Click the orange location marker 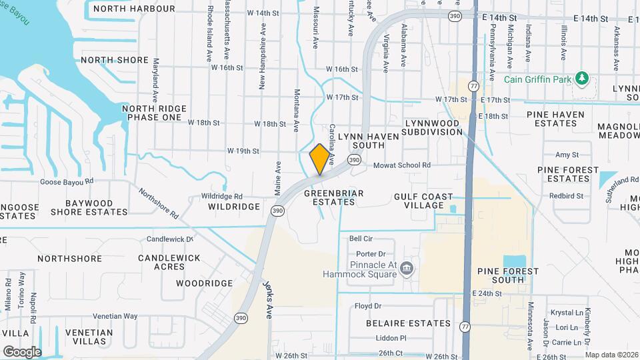click(x=320, y=159)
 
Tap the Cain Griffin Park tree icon click(x=582, y=79)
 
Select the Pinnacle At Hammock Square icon click(x=407, y=269)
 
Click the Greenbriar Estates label click(x=333, y=197)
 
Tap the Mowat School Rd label click(x=401, y=165)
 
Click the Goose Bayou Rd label click(x=67, y=181)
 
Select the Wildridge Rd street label click(x=222, y=197)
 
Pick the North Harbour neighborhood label click(x=134, y=9)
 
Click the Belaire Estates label click(x=409, y=323)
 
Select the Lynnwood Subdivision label click(x=432, y=127)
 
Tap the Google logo click(x=22, y=351)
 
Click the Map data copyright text click(x=611, y=355)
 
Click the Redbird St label click(x=566, y=196)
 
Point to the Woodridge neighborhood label click(x=204, y=283)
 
